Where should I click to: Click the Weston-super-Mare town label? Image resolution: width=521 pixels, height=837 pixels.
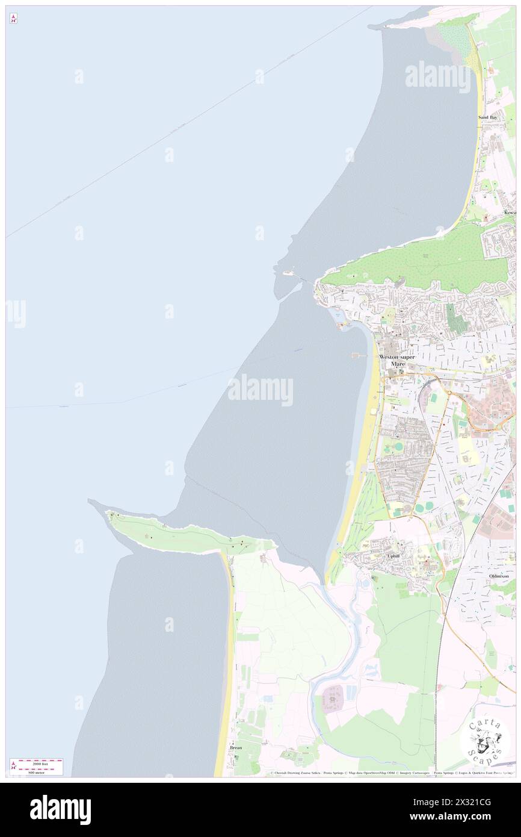pos(396,360)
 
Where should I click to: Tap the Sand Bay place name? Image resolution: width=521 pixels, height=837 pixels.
pos(487,117)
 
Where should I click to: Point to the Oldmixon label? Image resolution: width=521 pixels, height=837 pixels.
pos(499,576)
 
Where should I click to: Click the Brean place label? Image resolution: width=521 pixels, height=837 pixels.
pos(236,747)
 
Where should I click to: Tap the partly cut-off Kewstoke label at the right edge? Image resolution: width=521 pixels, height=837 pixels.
pos(510,213)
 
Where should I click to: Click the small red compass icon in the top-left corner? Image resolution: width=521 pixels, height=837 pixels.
pos(13,18)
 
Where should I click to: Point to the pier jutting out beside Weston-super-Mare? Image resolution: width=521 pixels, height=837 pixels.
pos(360,355)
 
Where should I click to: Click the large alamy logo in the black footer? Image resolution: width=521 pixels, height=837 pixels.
pos(60,809)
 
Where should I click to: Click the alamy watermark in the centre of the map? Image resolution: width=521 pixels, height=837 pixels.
pos(260,390)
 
